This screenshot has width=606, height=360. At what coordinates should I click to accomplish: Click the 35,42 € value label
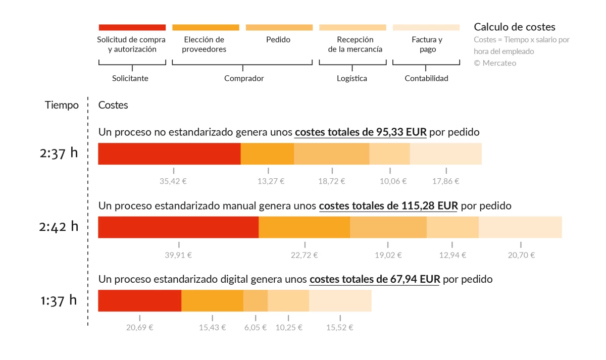tap(173, 181)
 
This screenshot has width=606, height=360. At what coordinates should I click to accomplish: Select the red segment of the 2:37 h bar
tap(169, 153)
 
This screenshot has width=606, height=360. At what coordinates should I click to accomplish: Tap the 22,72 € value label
tap(304, 255)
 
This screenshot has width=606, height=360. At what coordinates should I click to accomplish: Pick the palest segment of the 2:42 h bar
tap(520, 227)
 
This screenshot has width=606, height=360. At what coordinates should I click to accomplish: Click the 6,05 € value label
tap(255, 327)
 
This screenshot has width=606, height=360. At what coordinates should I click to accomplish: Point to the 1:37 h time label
tap(59, 300)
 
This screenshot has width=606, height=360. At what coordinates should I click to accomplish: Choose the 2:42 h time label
tap(59, 227)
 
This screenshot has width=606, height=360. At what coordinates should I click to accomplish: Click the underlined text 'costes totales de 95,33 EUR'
tap(361, 132)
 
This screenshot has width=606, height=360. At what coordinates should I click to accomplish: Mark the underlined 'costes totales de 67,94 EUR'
tap(374, 279)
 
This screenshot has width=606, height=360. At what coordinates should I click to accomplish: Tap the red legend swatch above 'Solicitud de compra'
tap(132, 27)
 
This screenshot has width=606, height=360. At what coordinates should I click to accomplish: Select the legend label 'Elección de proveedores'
tap(204, 44)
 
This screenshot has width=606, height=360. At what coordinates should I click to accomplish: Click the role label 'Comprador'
tap(244, 78)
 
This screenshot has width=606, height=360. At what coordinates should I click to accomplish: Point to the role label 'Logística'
tap(352, 78)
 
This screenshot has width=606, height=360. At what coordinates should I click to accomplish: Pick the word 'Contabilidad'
tap(426, 78)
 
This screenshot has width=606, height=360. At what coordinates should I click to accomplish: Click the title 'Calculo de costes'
tap(515, 27)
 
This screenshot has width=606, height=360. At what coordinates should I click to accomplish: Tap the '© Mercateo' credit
tap(495, 63)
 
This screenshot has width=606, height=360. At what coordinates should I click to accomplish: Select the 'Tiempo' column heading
tap(62, 105)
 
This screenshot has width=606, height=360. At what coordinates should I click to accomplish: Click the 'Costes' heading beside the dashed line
tap(113, 105)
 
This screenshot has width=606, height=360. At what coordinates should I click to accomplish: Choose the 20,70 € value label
tap(521, 255)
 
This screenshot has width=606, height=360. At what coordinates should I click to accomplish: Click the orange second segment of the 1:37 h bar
tap(212, 301)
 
